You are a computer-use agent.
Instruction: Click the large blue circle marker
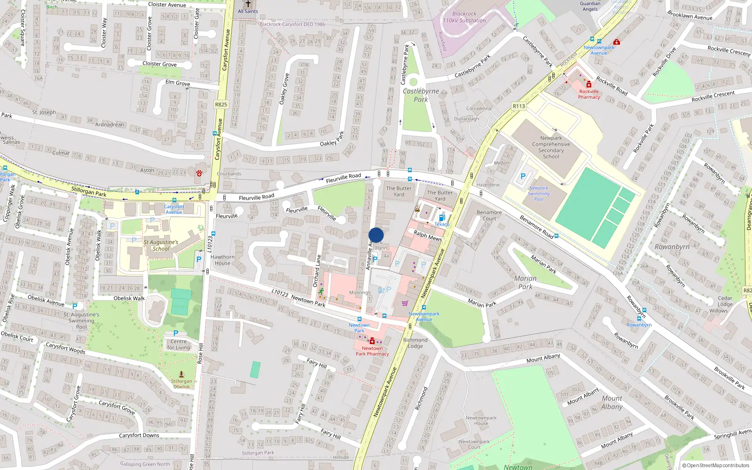coord(376,235)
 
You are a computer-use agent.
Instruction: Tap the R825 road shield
coord(221,104)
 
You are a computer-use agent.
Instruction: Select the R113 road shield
coord(518,106)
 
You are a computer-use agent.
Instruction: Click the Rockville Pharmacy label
coord(589,94)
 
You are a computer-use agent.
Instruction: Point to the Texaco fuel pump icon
coord(442,217)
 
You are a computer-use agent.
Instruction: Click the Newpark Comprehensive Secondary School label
coord(551,147)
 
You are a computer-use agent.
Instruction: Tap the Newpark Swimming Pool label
coord(539,193)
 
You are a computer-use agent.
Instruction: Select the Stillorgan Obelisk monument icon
coord(181,375)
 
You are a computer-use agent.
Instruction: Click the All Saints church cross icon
coord(248,4)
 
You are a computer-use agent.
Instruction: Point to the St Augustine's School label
coord(161,245)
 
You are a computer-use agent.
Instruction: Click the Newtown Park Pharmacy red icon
coord(372,341)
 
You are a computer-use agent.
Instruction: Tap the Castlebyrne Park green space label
coord(421,95)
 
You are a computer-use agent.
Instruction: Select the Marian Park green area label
coord(525,282)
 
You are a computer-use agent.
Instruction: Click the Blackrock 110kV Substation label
coord(464,17)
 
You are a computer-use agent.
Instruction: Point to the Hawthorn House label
coord(222,260)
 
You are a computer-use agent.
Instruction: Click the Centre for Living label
coord(179,345)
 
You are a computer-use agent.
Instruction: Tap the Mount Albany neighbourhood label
coord(611,402)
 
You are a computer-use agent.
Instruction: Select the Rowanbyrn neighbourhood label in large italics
coord(672,247)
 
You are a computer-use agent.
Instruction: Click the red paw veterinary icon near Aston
coord(199,173)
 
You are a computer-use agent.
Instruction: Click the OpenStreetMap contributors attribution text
coord(715,465)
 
